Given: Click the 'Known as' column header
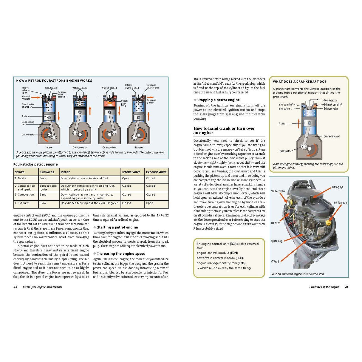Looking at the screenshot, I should (47, 172).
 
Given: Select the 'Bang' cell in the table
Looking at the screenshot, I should (43, 195).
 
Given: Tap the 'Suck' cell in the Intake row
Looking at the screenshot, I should (43, 178).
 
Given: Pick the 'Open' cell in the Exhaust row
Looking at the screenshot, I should (149, 203).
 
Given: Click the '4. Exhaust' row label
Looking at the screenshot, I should (22, 203).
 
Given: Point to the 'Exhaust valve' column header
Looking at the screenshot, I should (156, 172).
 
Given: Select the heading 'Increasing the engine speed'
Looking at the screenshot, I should (121, 253).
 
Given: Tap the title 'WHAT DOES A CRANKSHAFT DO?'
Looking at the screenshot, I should (299, 81).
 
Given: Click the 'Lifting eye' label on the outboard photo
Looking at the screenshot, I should (338, 187).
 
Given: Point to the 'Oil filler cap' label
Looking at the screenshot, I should (340, 203).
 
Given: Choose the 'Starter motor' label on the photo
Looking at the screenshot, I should (278, 191).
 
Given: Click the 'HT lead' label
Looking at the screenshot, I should (275, 262).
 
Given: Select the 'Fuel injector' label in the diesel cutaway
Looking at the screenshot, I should (330, 100).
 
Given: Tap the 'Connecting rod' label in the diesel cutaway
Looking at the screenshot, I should (332, 136).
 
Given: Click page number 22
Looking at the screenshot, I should (15, 287).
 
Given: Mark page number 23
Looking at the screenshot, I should (346, 287).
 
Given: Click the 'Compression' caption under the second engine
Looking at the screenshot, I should (80, 147).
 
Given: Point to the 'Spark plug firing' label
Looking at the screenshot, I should (124, 103).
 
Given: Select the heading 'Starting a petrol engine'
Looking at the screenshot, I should (117, 227).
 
